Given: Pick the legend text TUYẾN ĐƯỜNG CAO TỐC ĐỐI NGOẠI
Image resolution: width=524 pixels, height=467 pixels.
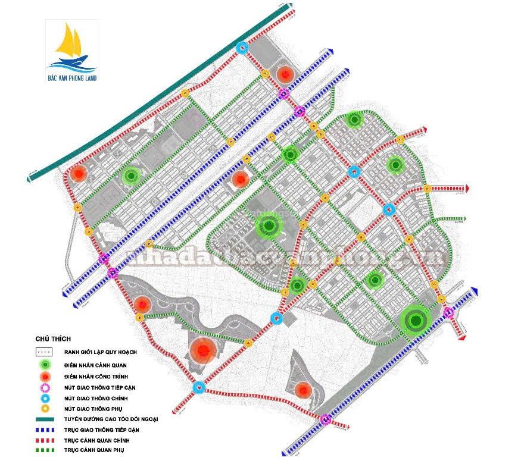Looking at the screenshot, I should pos(110,419).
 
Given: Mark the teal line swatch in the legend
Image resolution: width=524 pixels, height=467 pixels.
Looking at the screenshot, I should pos(45,419).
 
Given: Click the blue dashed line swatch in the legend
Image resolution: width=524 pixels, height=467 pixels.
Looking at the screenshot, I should pos(45,430).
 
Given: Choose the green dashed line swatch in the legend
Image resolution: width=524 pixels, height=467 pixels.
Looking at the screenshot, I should pos(45,450).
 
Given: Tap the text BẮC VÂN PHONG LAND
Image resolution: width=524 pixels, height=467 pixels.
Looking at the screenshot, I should pos(72,77).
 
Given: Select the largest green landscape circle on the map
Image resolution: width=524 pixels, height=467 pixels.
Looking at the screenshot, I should pos(416,321).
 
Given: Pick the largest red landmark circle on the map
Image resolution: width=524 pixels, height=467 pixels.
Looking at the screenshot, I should pos(202,350).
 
